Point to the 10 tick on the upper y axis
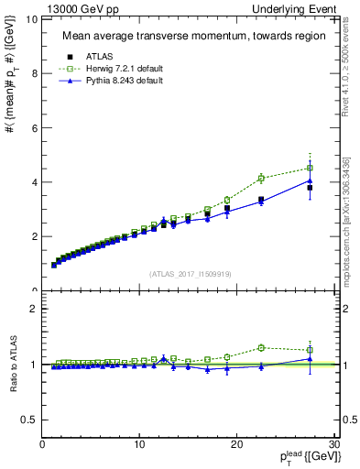pos(32,19)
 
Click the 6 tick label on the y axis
pos(35,128)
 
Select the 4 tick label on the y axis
pos(35,182)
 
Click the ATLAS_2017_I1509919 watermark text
pos(190,273)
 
